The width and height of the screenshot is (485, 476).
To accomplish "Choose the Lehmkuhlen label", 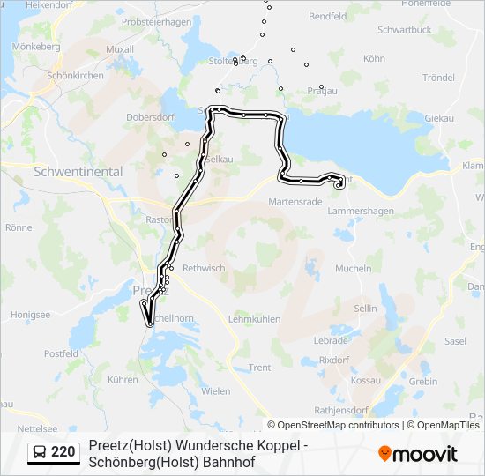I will coord(254,318).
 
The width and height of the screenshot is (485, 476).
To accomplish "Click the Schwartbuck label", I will coord(404,29).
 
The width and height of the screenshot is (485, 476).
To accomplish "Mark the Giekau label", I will coord(439,117).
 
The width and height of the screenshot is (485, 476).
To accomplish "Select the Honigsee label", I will coord(31,314).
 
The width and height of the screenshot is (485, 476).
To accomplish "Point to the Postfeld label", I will coord(61,353).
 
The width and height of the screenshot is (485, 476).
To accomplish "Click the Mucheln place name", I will coord(354,269).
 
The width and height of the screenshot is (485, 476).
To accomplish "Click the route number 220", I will coord(63,452).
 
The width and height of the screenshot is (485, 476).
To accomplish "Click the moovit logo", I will coord(418,454).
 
